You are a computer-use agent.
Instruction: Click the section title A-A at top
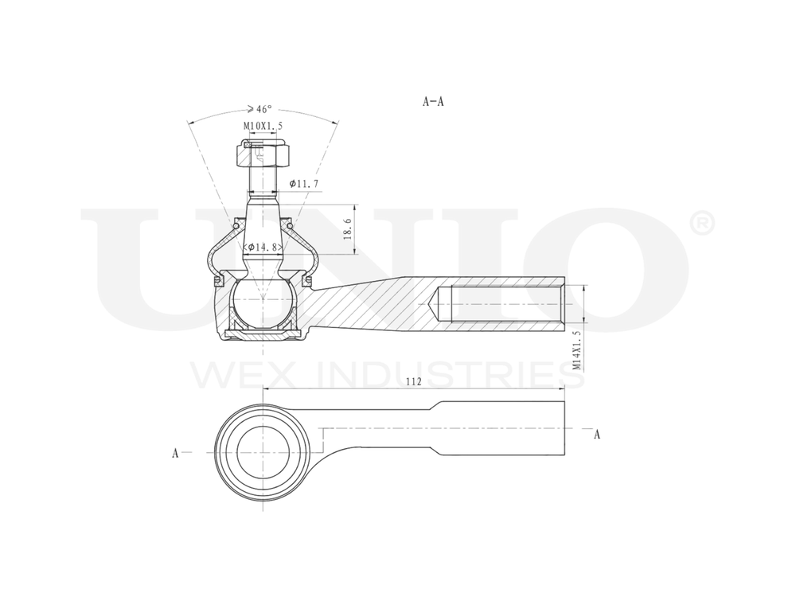[433, 102]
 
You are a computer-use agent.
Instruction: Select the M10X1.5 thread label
[262, 126]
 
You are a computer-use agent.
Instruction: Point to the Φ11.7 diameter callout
[305, 184]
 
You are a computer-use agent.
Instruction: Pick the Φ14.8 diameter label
[263, 248]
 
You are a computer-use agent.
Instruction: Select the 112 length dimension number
[413, 381]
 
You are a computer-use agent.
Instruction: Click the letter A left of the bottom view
[175, 453]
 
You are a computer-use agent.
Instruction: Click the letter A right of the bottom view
[597, 434]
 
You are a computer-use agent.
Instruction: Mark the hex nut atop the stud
[262, 153]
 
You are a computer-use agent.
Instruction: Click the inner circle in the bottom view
[262, 452]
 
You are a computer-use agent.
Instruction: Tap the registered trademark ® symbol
[700, 224]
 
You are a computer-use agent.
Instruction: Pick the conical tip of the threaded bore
[436, 304]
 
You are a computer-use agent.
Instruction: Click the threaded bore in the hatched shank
[501, 304]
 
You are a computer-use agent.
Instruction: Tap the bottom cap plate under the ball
[262, 333]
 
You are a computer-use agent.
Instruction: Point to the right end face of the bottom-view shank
[565, 428]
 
